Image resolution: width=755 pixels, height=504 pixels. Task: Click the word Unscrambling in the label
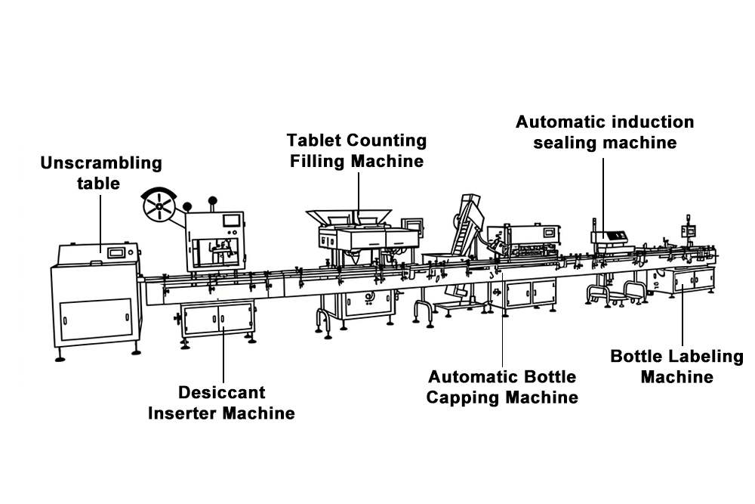click(101, 163)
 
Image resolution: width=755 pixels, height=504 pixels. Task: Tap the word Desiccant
click(221, 392)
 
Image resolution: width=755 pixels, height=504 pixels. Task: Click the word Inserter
click(183, 413)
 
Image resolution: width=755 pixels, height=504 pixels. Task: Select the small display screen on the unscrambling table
click(116, 252)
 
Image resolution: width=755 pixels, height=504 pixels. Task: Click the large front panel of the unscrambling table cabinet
click(97, 319)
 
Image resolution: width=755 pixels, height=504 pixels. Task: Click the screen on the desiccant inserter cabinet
click(232, 220)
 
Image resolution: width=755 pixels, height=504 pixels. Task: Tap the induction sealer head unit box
click(609, 237)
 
